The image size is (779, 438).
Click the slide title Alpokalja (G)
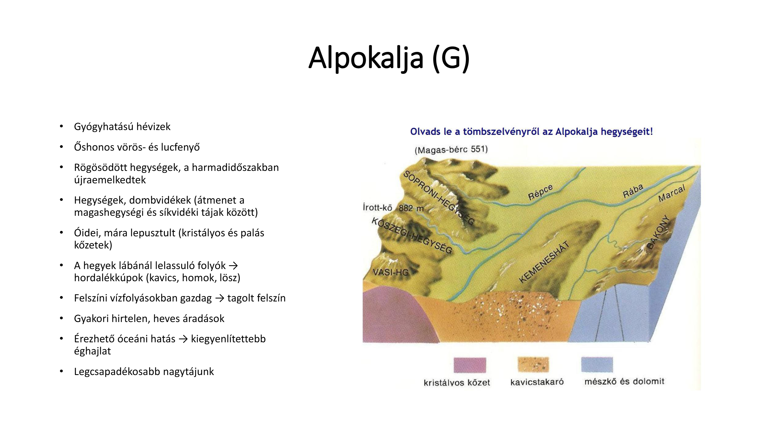[x=389, y=58]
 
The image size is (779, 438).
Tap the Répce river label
[x=540, y=192]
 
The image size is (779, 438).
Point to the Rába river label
[x=633, y=191]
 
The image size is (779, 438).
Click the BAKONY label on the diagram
[x=658, y=232]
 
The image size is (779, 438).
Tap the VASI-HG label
[x=391, y=272]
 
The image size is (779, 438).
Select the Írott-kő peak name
[x=377, y=207]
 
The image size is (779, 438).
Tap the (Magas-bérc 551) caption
[x=451, y=150]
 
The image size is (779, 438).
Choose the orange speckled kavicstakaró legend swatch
[x=533, y=364]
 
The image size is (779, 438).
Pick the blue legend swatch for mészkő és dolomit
[x=597, y=364]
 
